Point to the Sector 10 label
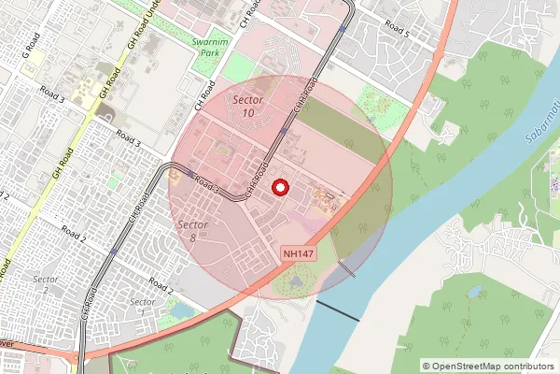247,106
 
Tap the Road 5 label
395,30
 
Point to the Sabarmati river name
539,140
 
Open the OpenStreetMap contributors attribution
487,367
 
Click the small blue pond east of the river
474,292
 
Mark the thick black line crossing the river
337,311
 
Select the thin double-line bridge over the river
346,269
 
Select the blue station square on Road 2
114,251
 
